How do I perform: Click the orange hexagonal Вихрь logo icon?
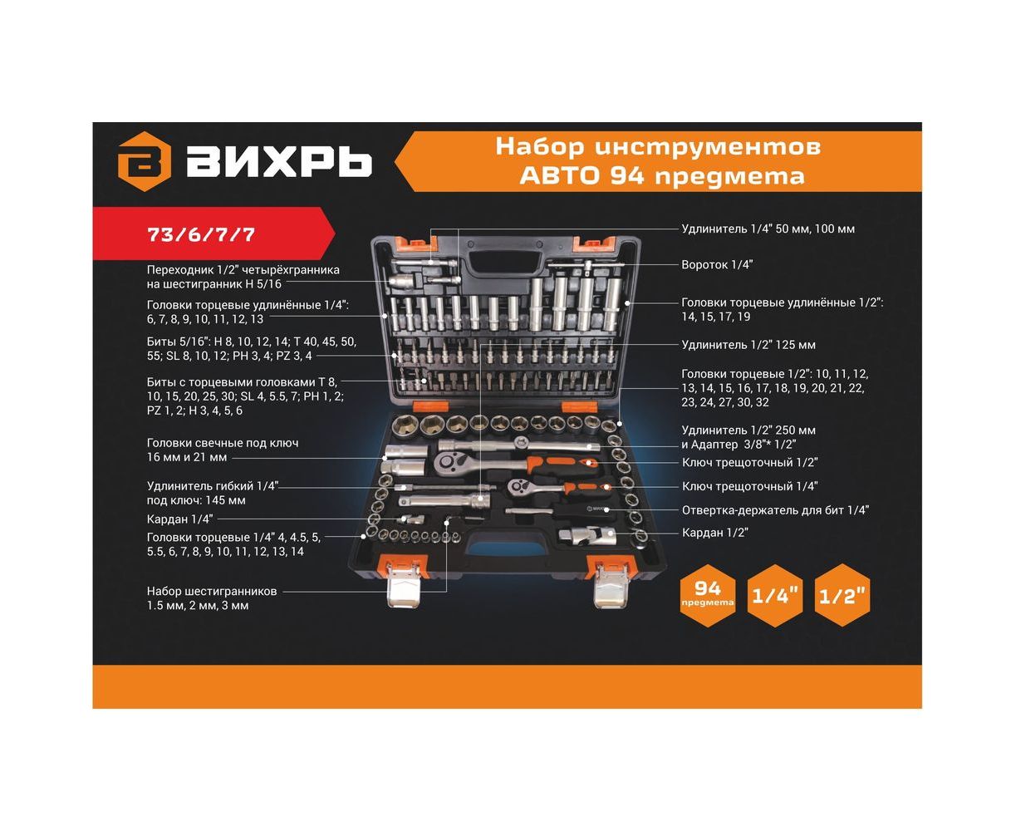pyautogui.click(x=144, y=161)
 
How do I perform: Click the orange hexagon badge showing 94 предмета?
pyautogui.click(x=707, y=595)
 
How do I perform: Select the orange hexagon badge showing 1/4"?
pyautogui.click(x=774, y=595)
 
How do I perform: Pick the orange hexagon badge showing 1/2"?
pyautogui.click(x=842, y=595)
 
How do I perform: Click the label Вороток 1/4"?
pyautogui.click(x=717, y=264)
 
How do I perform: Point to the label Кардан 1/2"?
pyautogui.click(x=715, y=532)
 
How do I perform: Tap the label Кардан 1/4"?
pyautogui.click(x=179, y=519)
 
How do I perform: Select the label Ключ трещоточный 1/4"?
pyautogui.click(x=749, y=486)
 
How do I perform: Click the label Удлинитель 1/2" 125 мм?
pyautogui.click(x=749, y=345)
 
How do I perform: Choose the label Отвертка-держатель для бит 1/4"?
pyautogui.click(x=775, y=510)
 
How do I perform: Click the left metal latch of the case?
pyautogui.click(x=404, y=585)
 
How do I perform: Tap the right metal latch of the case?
pyautogui.click(x=611, y=585)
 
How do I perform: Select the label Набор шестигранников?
pyautogui.click(x=212, y=591)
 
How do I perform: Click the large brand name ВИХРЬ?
pyautogui.click(x=279, y=161)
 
